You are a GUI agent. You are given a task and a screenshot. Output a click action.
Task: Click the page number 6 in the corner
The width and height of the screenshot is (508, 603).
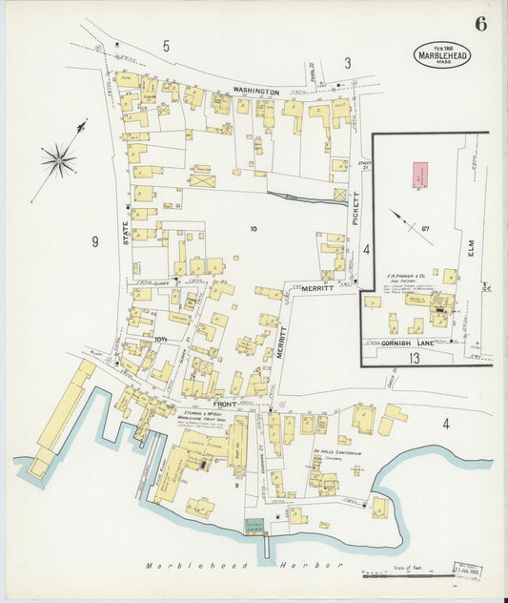pos(480,24)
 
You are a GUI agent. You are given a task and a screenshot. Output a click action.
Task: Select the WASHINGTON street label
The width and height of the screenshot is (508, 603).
pos(255,92)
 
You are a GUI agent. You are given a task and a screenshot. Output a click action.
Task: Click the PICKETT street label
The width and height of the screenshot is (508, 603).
pos(356,209)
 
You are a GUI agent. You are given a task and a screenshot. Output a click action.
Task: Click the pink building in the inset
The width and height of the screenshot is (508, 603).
pos(418,175)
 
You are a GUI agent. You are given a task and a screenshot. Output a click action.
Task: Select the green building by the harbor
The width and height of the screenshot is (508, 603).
pos(254,526)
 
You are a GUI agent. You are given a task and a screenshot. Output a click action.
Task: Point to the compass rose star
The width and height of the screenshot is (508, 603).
pos(59,159)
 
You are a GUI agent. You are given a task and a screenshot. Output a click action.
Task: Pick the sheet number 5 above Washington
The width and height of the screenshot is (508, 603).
pos(165,45)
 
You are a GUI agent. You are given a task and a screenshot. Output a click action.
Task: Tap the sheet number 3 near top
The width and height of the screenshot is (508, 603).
pos(347,63)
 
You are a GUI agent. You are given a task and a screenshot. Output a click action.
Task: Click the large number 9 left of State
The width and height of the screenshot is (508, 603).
pos(94,241)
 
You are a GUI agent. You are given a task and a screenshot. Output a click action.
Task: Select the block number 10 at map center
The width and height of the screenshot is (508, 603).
pos(254,228)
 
